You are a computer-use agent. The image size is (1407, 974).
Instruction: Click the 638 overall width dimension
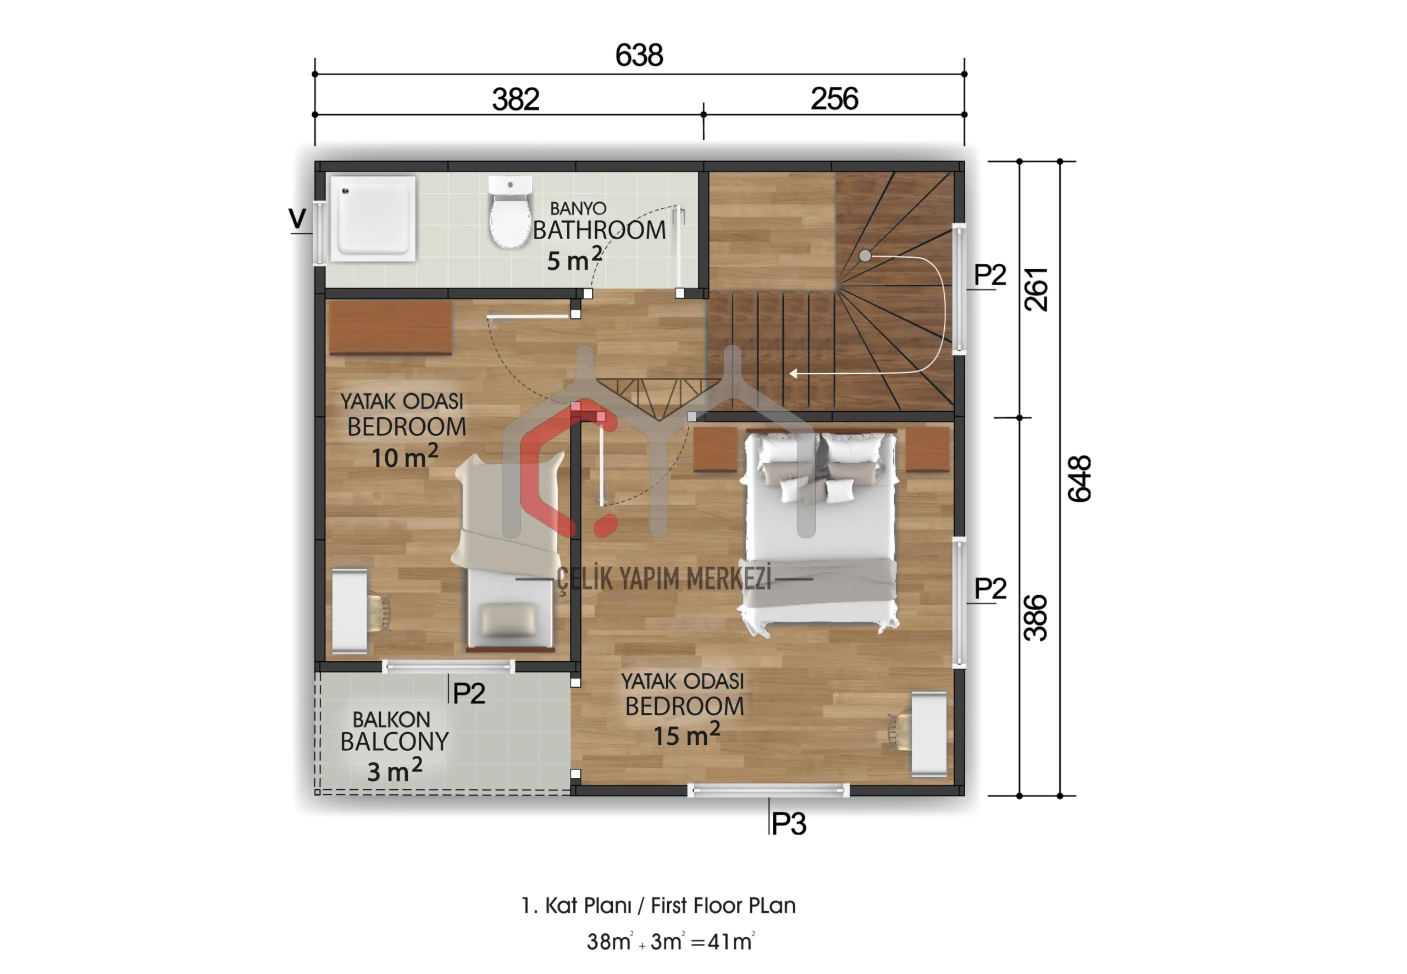tap(639, 55)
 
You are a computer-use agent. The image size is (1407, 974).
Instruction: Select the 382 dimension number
tap(516, 99)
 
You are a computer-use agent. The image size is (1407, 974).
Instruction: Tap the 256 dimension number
tap(834, 98)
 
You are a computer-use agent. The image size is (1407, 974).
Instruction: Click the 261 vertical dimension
tap(1035, 289)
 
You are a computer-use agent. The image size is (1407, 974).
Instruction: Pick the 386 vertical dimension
tap(1035, 618)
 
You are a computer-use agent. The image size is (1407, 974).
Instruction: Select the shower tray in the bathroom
tap(373, 218)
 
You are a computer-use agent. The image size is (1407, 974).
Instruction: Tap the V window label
tap(297, 218)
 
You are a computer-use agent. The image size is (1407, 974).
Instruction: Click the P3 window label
tap(789, 824)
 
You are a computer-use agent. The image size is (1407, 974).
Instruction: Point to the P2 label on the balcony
tap(469, 693)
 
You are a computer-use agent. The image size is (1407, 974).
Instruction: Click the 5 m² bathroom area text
tap(574, 259)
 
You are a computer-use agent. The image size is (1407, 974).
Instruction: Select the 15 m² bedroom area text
tap(686, 734)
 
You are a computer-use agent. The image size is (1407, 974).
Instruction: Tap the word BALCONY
tap(394, 741)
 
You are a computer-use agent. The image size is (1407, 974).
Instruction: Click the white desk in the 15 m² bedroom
tap(929, 734)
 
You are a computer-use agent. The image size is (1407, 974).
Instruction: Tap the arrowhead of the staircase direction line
tap(793, 373)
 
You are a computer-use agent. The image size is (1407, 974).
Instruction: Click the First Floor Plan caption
tap(723, 906)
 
